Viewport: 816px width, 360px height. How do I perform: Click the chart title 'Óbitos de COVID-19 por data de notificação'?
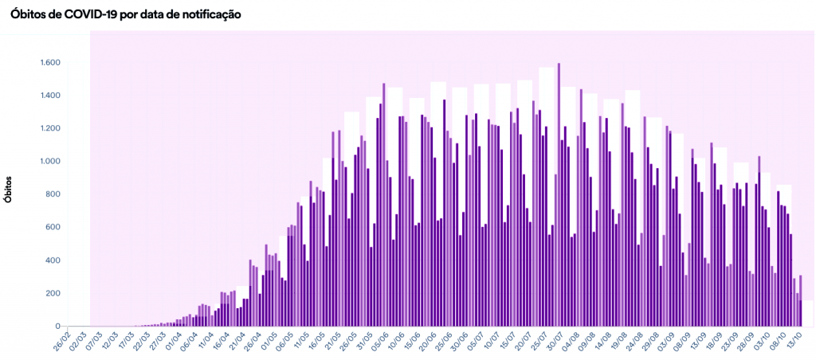[x=125, y=14]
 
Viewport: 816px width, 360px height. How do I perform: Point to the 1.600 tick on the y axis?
[x=49, y=63]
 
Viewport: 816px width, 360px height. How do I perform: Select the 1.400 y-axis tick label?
[x=49, y=96]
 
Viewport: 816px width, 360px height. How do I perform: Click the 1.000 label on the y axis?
[x=49, y=162]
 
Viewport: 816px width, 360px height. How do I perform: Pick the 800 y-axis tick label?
[x=53, y=194]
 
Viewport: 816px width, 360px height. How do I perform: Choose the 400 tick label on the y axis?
[x=53, y=260]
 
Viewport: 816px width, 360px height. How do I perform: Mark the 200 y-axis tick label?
[x=53, y=293]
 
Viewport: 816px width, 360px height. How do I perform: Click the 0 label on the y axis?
[x=58, y=326]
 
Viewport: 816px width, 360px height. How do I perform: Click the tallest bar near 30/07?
[x=559, y=194]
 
